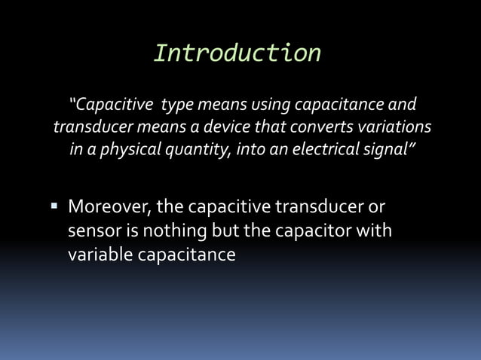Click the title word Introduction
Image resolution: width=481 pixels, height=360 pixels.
click(237, 52)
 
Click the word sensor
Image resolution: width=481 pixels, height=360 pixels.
click(93, 230)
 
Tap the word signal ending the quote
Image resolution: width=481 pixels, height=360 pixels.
click(385, 148)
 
